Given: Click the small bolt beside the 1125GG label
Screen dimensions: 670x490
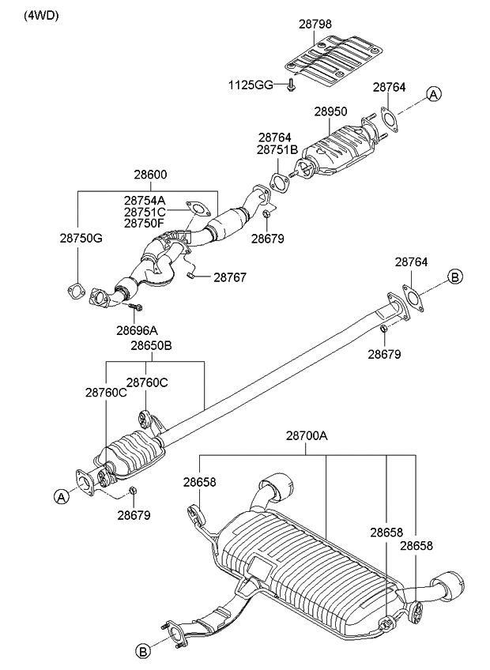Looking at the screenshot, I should tap(292, 85).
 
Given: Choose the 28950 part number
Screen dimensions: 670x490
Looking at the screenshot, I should tap(331, 113).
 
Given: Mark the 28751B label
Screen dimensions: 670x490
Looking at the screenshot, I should tap(277, 149).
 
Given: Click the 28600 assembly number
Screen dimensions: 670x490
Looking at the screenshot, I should tap(149, 175).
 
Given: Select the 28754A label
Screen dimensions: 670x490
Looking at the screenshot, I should tap(145, 201).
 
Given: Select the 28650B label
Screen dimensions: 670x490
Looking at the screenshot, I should tap(151, 346).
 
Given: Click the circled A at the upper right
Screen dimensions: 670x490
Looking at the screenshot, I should tap(433, 95).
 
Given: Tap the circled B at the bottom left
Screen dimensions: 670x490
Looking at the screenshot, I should tap(143, 651).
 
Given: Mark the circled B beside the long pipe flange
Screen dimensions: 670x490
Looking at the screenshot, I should tap(454, 276).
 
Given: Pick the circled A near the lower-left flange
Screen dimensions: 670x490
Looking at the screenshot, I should tap(59, 496).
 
